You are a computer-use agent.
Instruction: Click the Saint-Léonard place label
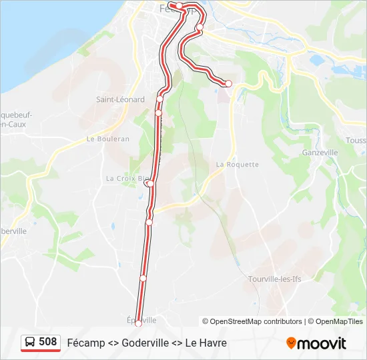click(120, 99)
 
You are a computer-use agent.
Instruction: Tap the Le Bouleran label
click(108, 139)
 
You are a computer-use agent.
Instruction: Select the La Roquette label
click(237, 164)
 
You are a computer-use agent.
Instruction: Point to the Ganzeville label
click(320, 152)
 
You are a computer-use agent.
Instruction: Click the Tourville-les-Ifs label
click(275, 279)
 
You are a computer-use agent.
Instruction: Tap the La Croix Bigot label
click(127, 178)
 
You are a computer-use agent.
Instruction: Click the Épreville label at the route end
click(141, 319)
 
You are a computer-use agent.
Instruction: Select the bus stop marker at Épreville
click(139, 324)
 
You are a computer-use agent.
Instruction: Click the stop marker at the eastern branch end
click(228, 83)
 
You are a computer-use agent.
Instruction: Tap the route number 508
click(48, 342)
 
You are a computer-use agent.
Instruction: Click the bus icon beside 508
click(31, 342)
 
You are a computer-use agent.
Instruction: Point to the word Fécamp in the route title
click(84, 343)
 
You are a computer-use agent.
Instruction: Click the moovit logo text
click(322, 343)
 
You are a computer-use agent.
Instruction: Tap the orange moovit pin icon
click(291, 343)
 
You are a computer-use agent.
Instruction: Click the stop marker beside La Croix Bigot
click(150, 183)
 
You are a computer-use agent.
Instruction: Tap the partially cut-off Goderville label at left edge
click(13, 231)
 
